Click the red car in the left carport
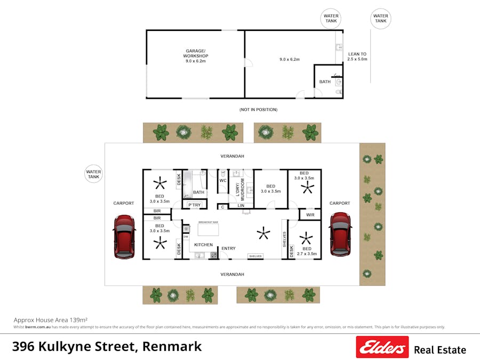point(124,237)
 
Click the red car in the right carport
point(340,234)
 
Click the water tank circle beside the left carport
point(93,174)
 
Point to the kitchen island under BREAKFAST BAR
point(209,230)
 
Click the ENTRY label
point(228,249)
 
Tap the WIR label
point(310,215)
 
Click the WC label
point(223,180)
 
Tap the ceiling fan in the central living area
point(262,232)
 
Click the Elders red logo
point(382,347)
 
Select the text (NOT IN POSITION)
point(258,109)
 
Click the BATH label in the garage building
point(325,82)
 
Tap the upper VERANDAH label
point(233,156)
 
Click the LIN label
point(241,205)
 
